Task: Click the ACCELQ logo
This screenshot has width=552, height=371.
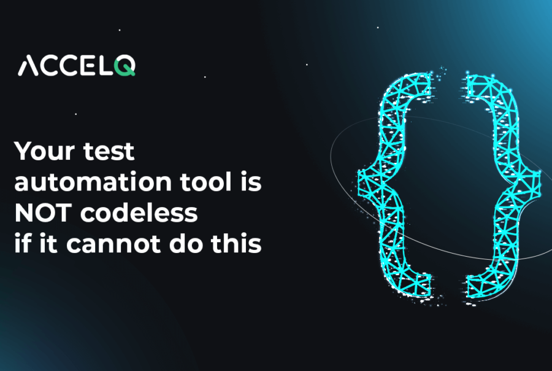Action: pos(77,65)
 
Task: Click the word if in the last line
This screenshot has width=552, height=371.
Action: pos(23,244)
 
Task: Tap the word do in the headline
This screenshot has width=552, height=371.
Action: pos(175,244)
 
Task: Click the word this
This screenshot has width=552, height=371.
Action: pos(232,244)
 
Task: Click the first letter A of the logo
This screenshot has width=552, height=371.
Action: pos(28,66)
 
